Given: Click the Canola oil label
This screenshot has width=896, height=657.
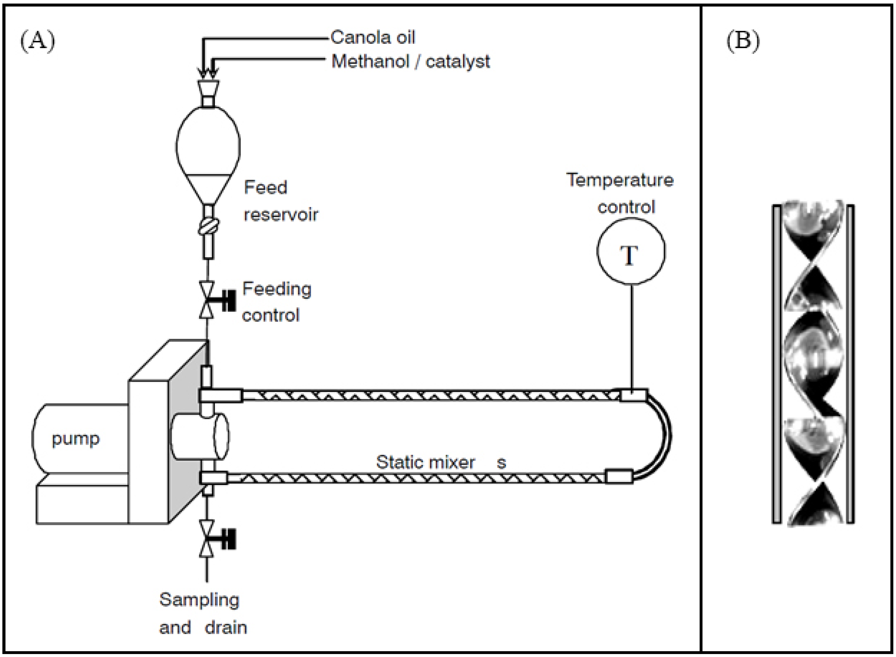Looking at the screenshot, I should click(372, 38).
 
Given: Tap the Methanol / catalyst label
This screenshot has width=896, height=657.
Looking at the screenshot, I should click(410, 62).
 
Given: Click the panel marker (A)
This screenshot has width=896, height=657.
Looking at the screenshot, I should click(38, 41).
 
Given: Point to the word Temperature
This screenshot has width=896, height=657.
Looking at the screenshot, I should click(620, 180).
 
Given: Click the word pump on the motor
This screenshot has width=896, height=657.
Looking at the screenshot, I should click(76, 439).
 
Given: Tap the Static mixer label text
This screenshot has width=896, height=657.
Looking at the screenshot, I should click(425, 462).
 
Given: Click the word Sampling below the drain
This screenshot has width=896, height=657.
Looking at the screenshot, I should click(199, 600).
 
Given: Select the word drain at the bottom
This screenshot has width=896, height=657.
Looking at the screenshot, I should click(226, 628).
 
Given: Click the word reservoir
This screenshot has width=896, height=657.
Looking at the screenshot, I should click(281, 215).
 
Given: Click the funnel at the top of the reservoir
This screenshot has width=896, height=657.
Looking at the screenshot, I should click(208, 88).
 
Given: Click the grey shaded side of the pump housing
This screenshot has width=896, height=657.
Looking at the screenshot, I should click(184, 433).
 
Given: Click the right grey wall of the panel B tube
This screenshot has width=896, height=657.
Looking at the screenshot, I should click(850, 364).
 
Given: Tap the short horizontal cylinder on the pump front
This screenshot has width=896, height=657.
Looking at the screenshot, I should click(199, 437).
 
